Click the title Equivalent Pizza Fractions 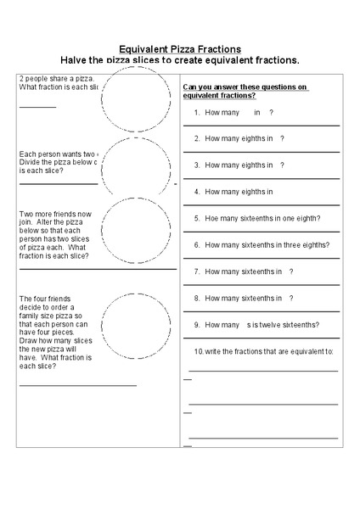click(x=180, y=49)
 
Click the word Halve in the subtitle click(x=76, y=61)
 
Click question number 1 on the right click(x=196, y=112)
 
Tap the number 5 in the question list click(x=196, y=218)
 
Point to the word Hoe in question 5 click(x=212, y=218)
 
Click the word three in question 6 click(x=289, y=244)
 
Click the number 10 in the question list click(x=198, y=350)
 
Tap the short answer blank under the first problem click(x=37, y=107)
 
